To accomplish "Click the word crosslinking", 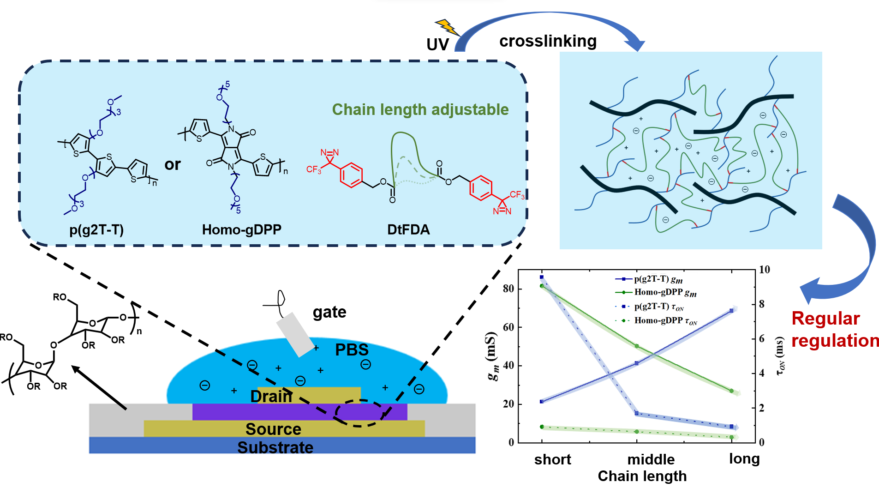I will (x=548, y=41).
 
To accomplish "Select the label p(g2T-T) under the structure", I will (x=96, y=229).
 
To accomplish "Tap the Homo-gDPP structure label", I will (x=241, y=229).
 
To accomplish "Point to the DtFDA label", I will (x=408, y=229).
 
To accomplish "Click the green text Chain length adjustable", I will (x=420, y=109).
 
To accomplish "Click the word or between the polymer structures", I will (x=173, y=164).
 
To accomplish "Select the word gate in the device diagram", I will (x=329, y=312).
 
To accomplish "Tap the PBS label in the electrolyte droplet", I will (x=352, y=350).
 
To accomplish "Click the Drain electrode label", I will (x=271, y=396).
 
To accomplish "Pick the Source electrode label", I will (x=273, y=429).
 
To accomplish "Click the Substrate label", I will (x=275, y=447).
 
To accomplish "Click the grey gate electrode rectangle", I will (x=295, y=335).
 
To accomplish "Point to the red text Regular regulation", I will (x=834, y=330).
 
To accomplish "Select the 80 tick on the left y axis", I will (x=508, y=289).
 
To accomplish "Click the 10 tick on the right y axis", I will (x=765, y=269).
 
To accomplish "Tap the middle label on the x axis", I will (x=651, y=459).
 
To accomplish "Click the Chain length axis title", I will (x=642, y=476).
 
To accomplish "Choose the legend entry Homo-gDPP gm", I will (x=665, y=292).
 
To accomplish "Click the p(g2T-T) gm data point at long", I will (x=731, y=311).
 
